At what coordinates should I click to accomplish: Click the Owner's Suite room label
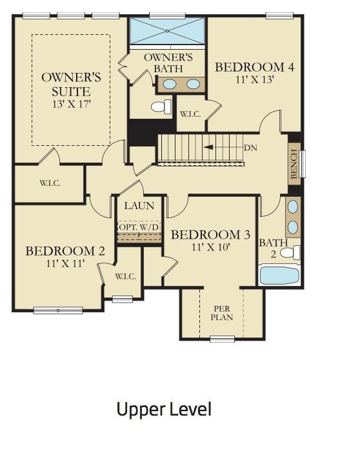point(72,85)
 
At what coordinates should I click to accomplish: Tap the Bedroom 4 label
point(255,67)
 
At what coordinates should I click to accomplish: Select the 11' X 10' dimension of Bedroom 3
point(211,247)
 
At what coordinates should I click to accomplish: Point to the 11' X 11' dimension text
point(65,263)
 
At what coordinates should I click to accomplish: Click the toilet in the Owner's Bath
point(161,106)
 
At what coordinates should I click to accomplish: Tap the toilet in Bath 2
point(290,253)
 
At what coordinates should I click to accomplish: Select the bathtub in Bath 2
point(279,276)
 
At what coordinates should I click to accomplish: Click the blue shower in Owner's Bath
point(167,31)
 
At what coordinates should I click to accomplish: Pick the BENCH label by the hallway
point(294,164)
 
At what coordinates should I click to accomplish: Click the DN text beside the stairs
point(250,148)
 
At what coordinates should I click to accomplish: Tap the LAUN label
point(139,206)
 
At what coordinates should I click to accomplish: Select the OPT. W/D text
point(139,227)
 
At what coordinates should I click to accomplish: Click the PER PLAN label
point(222,313)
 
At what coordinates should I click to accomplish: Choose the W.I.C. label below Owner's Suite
point(50,183)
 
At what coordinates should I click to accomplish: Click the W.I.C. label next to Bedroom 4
point(190,114)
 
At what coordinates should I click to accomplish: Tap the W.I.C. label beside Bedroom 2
point(125,276)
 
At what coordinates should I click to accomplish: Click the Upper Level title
point(164,409)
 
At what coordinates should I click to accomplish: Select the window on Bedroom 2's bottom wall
point(58,311)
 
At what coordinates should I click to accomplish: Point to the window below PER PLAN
point(222,339)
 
